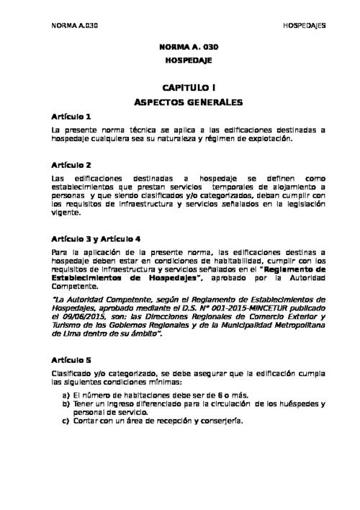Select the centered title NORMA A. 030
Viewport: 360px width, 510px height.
(x=188, y=48)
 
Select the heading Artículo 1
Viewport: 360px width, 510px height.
(x=71, y=116)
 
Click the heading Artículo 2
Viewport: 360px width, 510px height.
(x=71, y=165)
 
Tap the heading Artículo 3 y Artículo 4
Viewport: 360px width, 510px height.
(x=96, y=238)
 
